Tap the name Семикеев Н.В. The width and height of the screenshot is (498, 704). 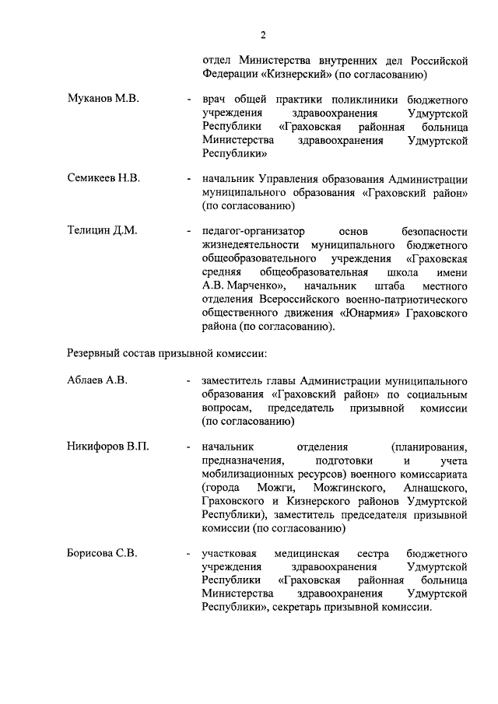coord(103,178)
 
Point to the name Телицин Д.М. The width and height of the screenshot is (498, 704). coord(102,230)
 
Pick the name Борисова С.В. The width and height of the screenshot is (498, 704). coord(102,553)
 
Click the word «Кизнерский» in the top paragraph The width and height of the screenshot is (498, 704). coord(289,75)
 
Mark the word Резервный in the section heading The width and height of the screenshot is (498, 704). coord(93,354)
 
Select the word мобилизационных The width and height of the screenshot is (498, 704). coord(250,474)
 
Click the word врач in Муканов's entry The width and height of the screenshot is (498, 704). coord(214,101)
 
